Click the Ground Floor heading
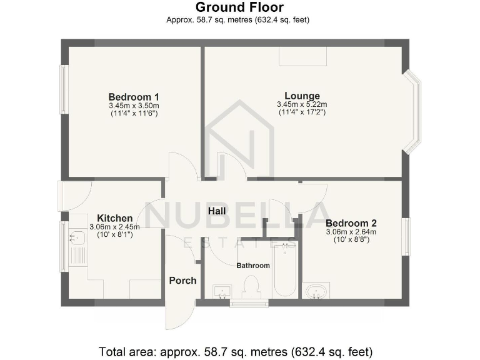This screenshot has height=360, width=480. [x=239, y=7]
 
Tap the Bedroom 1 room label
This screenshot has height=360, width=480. [x=134, y=97]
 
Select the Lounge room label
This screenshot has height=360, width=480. [x=302, y=96]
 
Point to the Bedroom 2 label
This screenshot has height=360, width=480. [x=351, y=223]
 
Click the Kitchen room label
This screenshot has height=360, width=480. [x=111, y=218]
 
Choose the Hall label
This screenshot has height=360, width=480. [x=217, y=211]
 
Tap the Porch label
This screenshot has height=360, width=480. [x=182, y=281]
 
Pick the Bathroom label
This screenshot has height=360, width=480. [x=253, y=266]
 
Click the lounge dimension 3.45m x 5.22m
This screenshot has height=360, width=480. [x=302, y=104]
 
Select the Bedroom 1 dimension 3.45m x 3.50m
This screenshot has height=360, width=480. [x=134, y=106]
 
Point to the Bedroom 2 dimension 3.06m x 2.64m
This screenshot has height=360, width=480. [x=351, y=232]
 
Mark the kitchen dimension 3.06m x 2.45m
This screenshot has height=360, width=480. [x=111, y=226]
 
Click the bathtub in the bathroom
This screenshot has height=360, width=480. [x=286, y=272]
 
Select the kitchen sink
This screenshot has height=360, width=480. [x=77, y=238]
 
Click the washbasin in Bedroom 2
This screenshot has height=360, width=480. [x=316, y=291]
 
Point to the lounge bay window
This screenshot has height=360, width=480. [x=412, y=111]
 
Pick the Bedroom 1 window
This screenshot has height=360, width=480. [x=63, y=89]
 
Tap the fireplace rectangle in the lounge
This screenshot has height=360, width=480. [x=302, y=56]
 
